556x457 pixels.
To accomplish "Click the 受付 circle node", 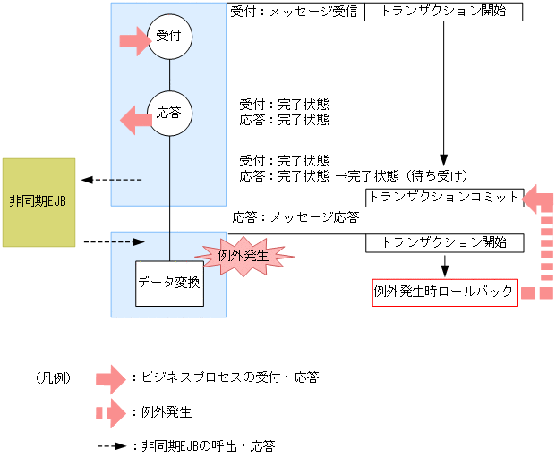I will (170, 37).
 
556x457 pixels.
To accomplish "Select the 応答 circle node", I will (170, 114).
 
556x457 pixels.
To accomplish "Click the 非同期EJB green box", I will (38, 202).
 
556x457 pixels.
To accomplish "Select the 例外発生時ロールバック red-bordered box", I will (444, 292).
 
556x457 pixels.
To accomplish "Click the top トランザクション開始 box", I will (444, 12).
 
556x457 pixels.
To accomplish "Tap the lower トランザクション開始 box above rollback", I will (444, 242).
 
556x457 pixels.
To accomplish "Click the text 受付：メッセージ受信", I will (294, 13).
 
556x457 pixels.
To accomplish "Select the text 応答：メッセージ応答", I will (296, 217).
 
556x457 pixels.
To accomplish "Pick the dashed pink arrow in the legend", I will (111, 412).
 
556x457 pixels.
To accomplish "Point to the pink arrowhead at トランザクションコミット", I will (536, 199).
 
